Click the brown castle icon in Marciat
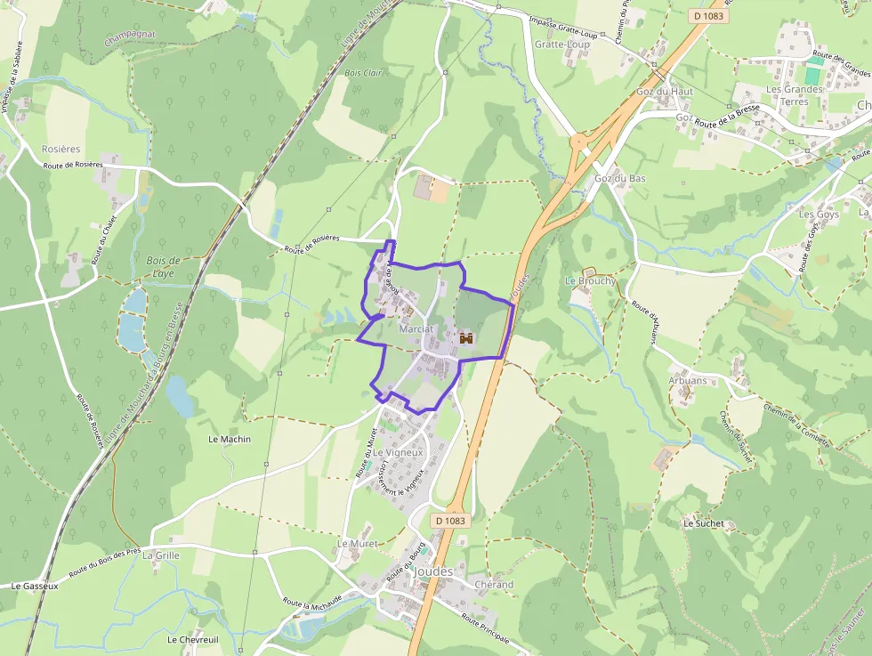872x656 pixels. tap(466, 338)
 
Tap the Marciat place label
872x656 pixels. tap(416, 329)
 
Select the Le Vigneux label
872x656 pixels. tap(398, 453)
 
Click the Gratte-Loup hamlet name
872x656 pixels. tap(561, 44)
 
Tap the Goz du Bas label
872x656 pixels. tap(619, 178)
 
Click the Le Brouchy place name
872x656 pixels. tap(590, 281)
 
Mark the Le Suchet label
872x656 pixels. tap(704, 524)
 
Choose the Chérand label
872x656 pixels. tap(494, 585)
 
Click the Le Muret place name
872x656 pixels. tap(357, 543)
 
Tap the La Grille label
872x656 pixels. tap(161, 555)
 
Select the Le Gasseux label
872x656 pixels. tap(35, 587)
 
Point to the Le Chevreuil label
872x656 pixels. tap(192, 639)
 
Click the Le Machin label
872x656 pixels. tap(230, 440)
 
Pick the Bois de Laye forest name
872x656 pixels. tap(163, 267)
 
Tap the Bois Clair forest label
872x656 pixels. tap(363, 73)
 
